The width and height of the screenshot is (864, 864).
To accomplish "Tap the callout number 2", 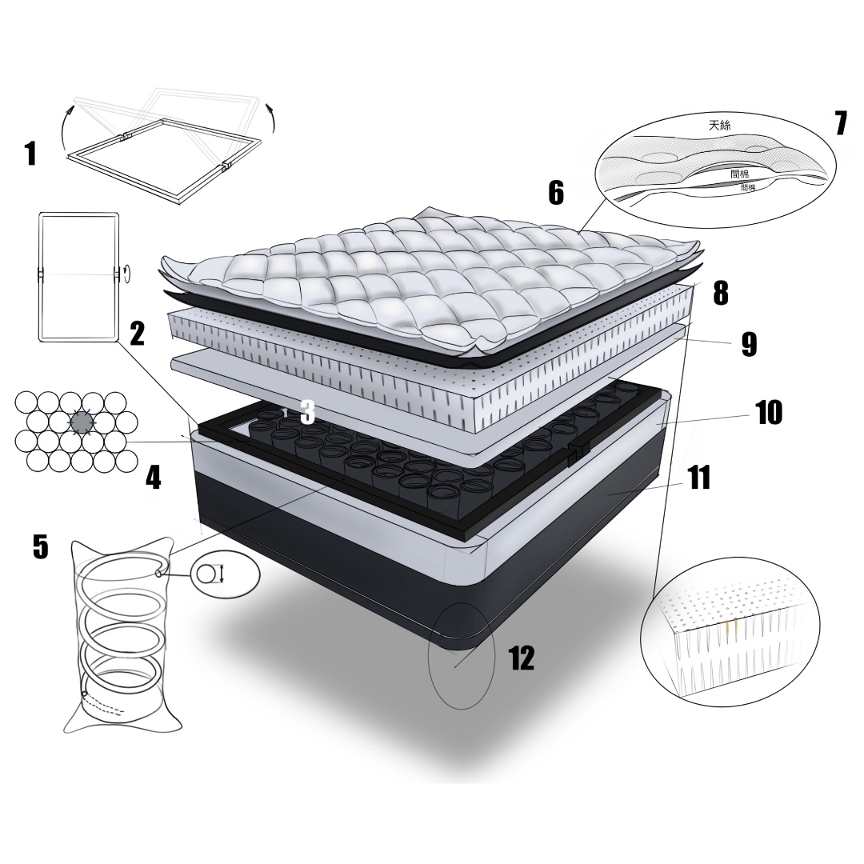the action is click(137, 334).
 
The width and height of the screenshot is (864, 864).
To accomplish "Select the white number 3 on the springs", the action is click(307, 412).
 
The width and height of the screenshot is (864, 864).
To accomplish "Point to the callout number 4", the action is click(153, 477).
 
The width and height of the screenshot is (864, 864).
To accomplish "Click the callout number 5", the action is click(41, 546).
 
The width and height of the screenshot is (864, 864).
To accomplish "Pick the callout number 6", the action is click(556, 193).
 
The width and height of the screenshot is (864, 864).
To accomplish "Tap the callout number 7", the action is click(841, 123).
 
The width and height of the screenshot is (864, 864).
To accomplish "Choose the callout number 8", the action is click(721, 293).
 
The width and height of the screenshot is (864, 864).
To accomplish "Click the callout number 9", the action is click(749, 344).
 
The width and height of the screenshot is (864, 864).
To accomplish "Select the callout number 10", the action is click(769, 412).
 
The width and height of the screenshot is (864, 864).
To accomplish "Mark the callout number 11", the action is click(699, 477).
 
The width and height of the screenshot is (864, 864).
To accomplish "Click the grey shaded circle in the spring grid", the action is click(82, 422).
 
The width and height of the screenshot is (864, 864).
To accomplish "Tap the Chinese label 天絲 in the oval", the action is click(720, 125).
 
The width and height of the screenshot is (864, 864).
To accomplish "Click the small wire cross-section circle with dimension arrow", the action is click(205, 574).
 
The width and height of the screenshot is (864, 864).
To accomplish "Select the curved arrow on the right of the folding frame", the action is click(270, 116).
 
